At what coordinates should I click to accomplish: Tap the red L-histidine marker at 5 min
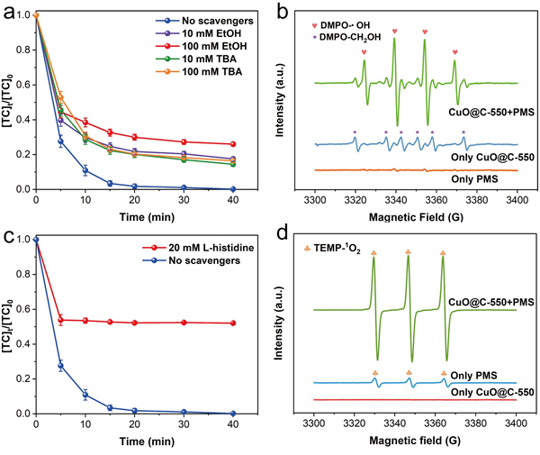[x=60, y=320]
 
